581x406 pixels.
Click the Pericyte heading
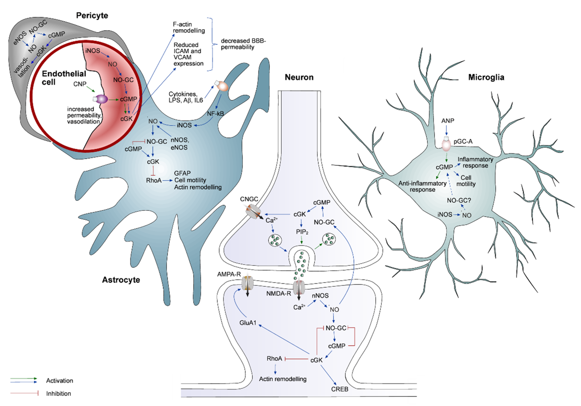pos(92,16)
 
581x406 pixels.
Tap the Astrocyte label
pos(121,280)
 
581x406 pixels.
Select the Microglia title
pos(486,77)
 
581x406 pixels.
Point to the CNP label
pos(80,84)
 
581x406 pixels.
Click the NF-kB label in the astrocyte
pos(215,114)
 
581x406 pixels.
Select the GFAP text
pos(182,173)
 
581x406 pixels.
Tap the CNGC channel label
pos(249,199)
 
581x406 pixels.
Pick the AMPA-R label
pos(229,274)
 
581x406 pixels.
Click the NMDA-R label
pos(279,294)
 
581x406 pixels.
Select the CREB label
pos(340,389)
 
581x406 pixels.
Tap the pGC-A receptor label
pos(463,142)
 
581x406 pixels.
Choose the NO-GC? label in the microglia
pos(459,200)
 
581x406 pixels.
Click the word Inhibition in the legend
pos(58,394)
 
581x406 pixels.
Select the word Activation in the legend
pos(59,381)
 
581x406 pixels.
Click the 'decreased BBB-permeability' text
pos(243,44)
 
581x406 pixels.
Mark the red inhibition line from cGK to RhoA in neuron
pos(296,359)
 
